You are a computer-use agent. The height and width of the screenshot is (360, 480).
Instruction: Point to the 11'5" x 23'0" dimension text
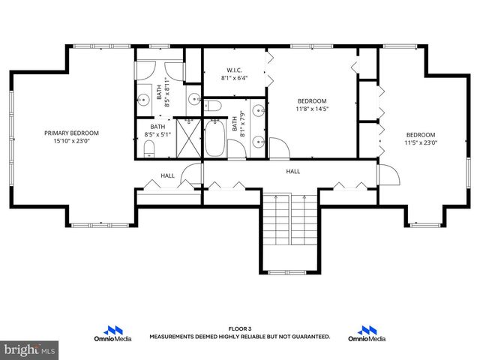pos(421,142)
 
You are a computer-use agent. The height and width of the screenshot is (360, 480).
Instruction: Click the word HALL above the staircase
pos(292,171)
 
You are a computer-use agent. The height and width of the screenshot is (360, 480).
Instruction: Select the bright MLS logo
pos(29,349)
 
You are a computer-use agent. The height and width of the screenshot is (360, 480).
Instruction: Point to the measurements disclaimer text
pos(239,337)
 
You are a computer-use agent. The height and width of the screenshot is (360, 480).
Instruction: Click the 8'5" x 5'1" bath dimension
pos(157,135)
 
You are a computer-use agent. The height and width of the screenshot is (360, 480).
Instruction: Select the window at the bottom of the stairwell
pos(289,271)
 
